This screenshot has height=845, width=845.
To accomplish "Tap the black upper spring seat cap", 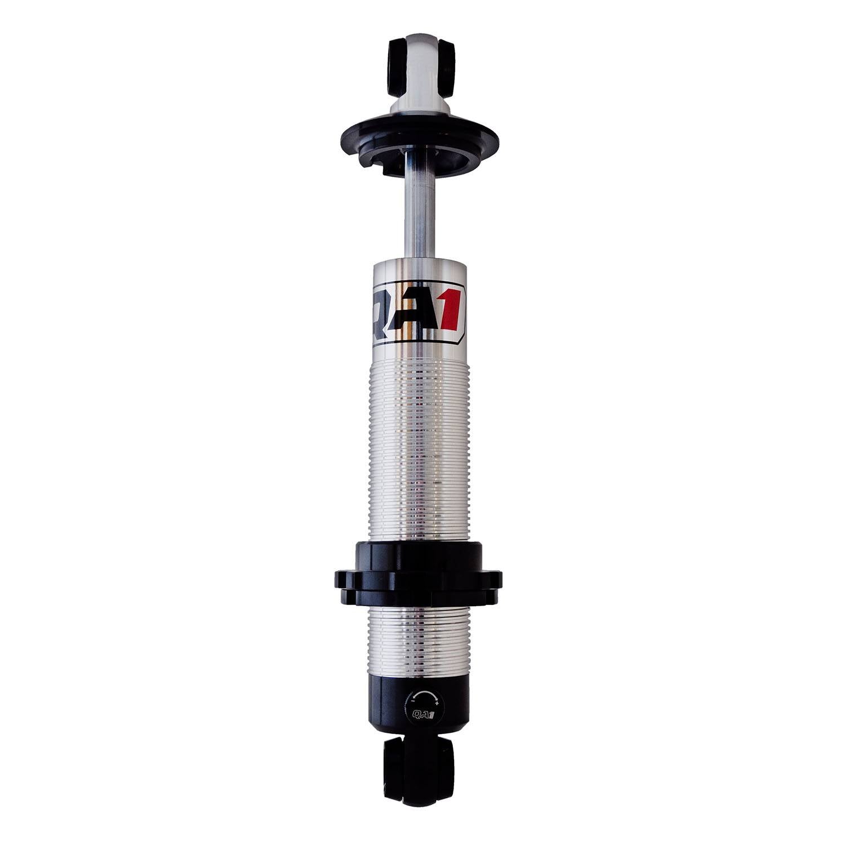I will [x=420, y=138].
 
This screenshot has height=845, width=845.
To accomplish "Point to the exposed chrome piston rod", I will [x=420, y=214].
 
